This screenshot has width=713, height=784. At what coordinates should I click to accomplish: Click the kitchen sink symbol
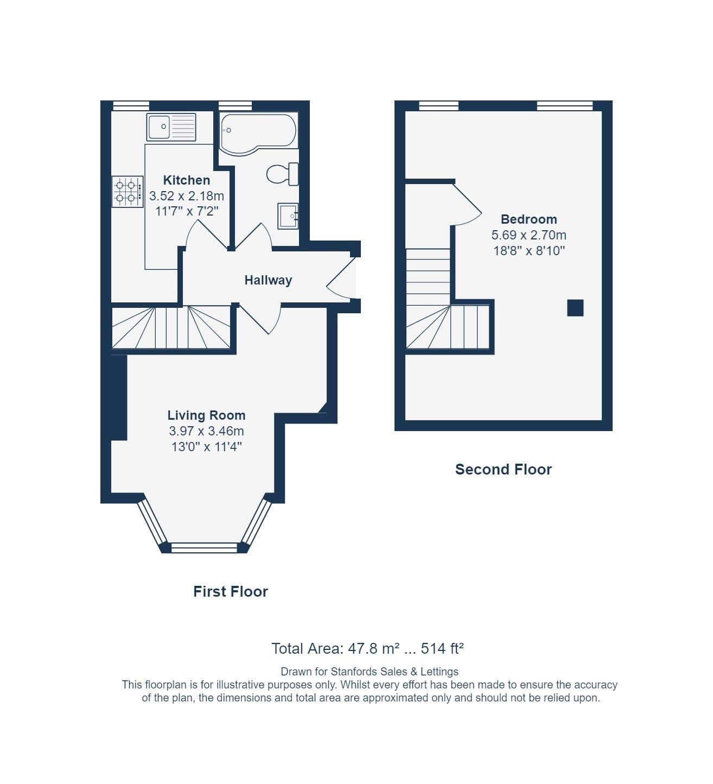(171, 127)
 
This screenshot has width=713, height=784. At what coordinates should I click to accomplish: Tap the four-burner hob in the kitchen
(127, 192)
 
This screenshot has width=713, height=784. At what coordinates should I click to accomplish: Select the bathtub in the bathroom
(258, 133)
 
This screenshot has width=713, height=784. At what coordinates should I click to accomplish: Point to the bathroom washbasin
(288, 216)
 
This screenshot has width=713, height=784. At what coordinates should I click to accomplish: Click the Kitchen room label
(187, 180)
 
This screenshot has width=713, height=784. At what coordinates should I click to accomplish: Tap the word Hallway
(268, 280)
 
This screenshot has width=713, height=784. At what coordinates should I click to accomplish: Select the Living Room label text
(206, 415)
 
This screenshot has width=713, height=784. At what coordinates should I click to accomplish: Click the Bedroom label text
(529, 219)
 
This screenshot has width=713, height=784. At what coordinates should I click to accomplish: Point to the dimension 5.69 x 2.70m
(529, 235)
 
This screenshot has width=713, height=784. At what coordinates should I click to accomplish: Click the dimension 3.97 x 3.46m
(206, 431)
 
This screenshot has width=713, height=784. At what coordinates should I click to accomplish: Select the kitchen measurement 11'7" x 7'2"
(187, 211)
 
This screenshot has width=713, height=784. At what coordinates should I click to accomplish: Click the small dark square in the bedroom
(575, 308)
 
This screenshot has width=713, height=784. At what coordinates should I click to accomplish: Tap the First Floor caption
(231, 591)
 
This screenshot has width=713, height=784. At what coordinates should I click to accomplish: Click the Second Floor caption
(503, 470)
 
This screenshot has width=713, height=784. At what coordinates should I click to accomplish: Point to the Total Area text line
(367, 648)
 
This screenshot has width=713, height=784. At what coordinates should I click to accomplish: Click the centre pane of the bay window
(204, 547)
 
